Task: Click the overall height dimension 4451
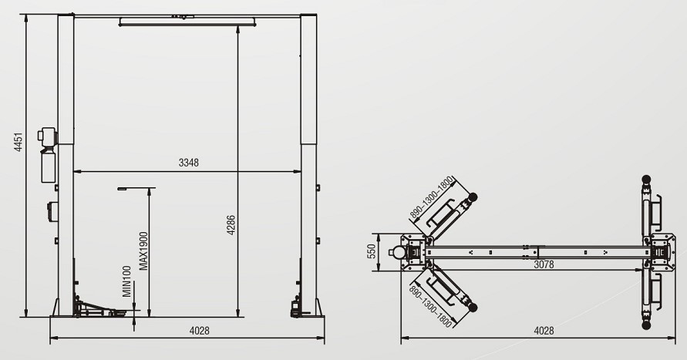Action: click(x=18, y=142)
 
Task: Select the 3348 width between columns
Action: click(x=188, y=163)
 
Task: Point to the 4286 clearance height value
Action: click(x=231, y=225)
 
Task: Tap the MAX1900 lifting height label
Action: click(x=143, y=251)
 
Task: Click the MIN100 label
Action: click(x=126, y=281)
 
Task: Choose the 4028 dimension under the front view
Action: click(x=200, y=331)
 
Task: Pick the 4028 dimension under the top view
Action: click(x=544, y=331)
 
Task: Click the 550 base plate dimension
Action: click(x=372, y=251)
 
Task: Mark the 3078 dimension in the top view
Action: click(x=544, y=264)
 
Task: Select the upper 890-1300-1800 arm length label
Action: click(x=431, y=197)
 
